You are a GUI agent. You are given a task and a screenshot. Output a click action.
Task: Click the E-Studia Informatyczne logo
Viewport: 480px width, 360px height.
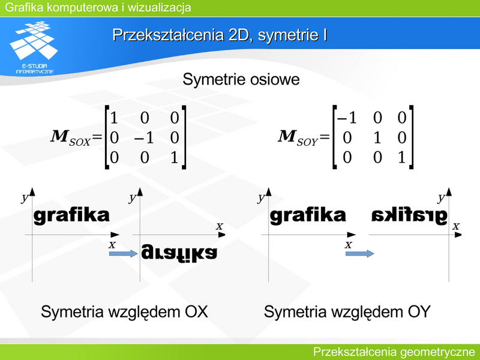pos(34,47)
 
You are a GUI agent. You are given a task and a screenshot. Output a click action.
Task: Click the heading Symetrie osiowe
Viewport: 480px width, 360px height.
pos(241,80)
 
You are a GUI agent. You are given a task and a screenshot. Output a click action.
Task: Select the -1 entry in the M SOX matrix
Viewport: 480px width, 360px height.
pos(144,138)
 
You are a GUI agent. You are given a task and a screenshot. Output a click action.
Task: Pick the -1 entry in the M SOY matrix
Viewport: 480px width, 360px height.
pos(347,118)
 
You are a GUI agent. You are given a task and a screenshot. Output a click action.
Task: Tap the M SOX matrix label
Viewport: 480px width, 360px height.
pos(71,138)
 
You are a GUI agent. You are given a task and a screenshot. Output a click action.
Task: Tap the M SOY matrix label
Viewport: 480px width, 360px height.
pos(298,138)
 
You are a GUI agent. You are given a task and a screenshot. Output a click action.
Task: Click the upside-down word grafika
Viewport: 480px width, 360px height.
pos(179,253)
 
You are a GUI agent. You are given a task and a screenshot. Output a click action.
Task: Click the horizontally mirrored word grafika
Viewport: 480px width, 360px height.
pos(409,216)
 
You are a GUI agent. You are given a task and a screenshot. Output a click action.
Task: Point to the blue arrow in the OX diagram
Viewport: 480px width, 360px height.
pos(124,253)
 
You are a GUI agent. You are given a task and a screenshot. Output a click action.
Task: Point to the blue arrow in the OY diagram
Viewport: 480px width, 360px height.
pos(359,253)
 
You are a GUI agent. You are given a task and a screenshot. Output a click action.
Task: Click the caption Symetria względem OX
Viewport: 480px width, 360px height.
pos(124,312)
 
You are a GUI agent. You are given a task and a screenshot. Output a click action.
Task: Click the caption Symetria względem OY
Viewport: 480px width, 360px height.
pos(347,312)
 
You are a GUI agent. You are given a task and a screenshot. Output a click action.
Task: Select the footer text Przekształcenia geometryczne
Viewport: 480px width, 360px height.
pos(394,352)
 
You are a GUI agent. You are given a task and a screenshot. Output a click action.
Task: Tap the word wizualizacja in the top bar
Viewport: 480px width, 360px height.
pos(159,7)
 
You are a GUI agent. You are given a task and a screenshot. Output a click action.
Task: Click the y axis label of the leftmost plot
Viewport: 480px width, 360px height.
pos(25,198)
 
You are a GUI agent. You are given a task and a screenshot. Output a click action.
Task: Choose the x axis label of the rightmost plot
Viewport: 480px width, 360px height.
pos(456,226)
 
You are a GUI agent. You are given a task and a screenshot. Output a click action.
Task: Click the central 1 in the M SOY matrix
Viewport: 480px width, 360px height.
pos(377,138)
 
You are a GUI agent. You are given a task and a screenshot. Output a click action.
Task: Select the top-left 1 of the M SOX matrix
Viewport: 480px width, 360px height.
pos(114,118)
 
